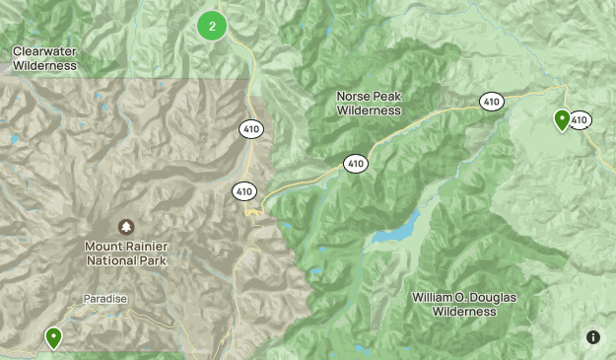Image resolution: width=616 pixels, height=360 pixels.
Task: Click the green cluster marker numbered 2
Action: pyautogui.click(x=212, y=26)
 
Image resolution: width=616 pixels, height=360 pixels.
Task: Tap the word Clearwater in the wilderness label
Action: pyautogui.click(x=44, y=50)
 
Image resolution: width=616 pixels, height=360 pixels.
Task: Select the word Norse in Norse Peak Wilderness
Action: pyautogui.click(x=353, y=97)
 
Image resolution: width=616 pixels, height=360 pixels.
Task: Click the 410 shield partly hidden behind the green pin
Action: pyautogui.click(x=581, y=120)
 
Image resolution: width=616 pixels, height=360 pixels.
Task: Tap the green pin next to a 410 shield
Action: pyautogui.click(x=562, y=119)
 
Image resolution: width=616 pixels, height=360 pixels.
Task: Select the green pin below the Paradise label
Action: pyautogui.click(x=53, y=337)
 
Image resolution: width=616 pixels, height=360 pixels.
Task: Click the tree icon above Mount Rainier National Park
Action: pyautogui.click(x=126, y=227)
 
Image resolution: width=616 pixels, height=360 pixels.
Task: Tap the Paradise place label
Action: pyautogui.click(x=105, y=299)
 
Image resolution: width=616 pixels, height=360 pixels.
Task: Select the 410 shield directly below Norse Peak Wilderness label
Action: pyautogui.click(x=356, y=163)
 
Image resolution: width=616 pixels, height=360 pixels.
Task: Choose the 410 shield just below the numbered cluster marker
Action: pyautogui.click(x=250, y=128)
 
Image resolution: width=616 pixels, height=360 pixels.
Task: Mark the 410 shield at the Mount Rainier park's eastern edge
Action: pyautogui.click(x=244, y=190)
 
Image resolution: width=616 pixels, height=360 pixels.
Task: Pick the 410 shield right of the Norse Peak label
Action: pyautogui.click(x=491, y=102)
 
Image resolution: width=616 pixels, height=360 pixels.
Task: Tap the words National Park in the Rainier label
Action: pyautogui.click(x=126, y=261)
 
